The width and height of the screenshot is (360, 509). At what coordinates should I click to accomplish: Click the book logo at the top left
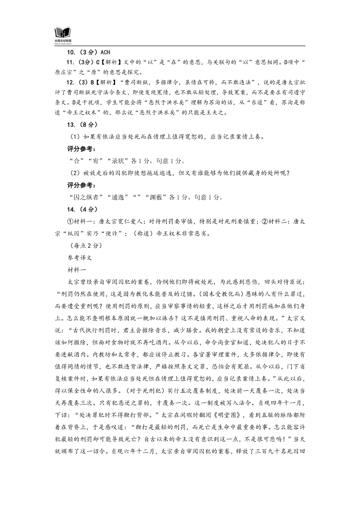click(x=63, y=33)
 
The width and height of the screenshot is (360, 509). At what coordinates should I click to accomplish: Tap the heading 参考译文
click(x=80, y=258)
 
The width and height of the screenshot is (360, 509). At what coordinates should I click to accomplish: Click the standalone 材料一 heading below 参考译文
click(x=77, y=270)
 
